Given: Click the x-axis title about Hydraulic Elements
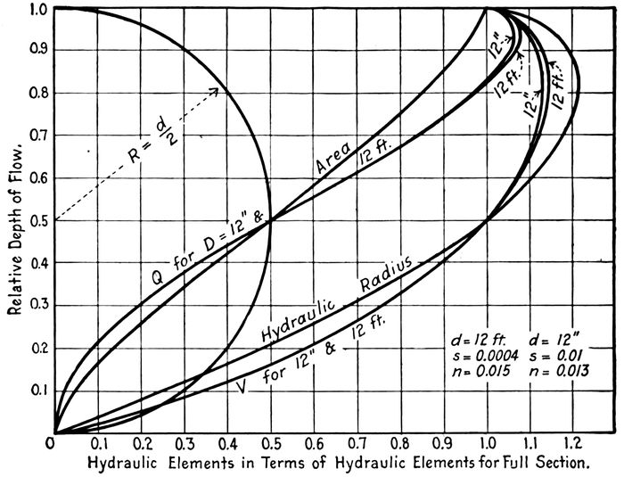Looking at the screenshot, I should pyautogui.click(x=339, y=464).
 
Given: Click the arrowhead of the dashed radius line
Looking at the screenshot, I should pyautogui.click(x=217, y=89).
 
